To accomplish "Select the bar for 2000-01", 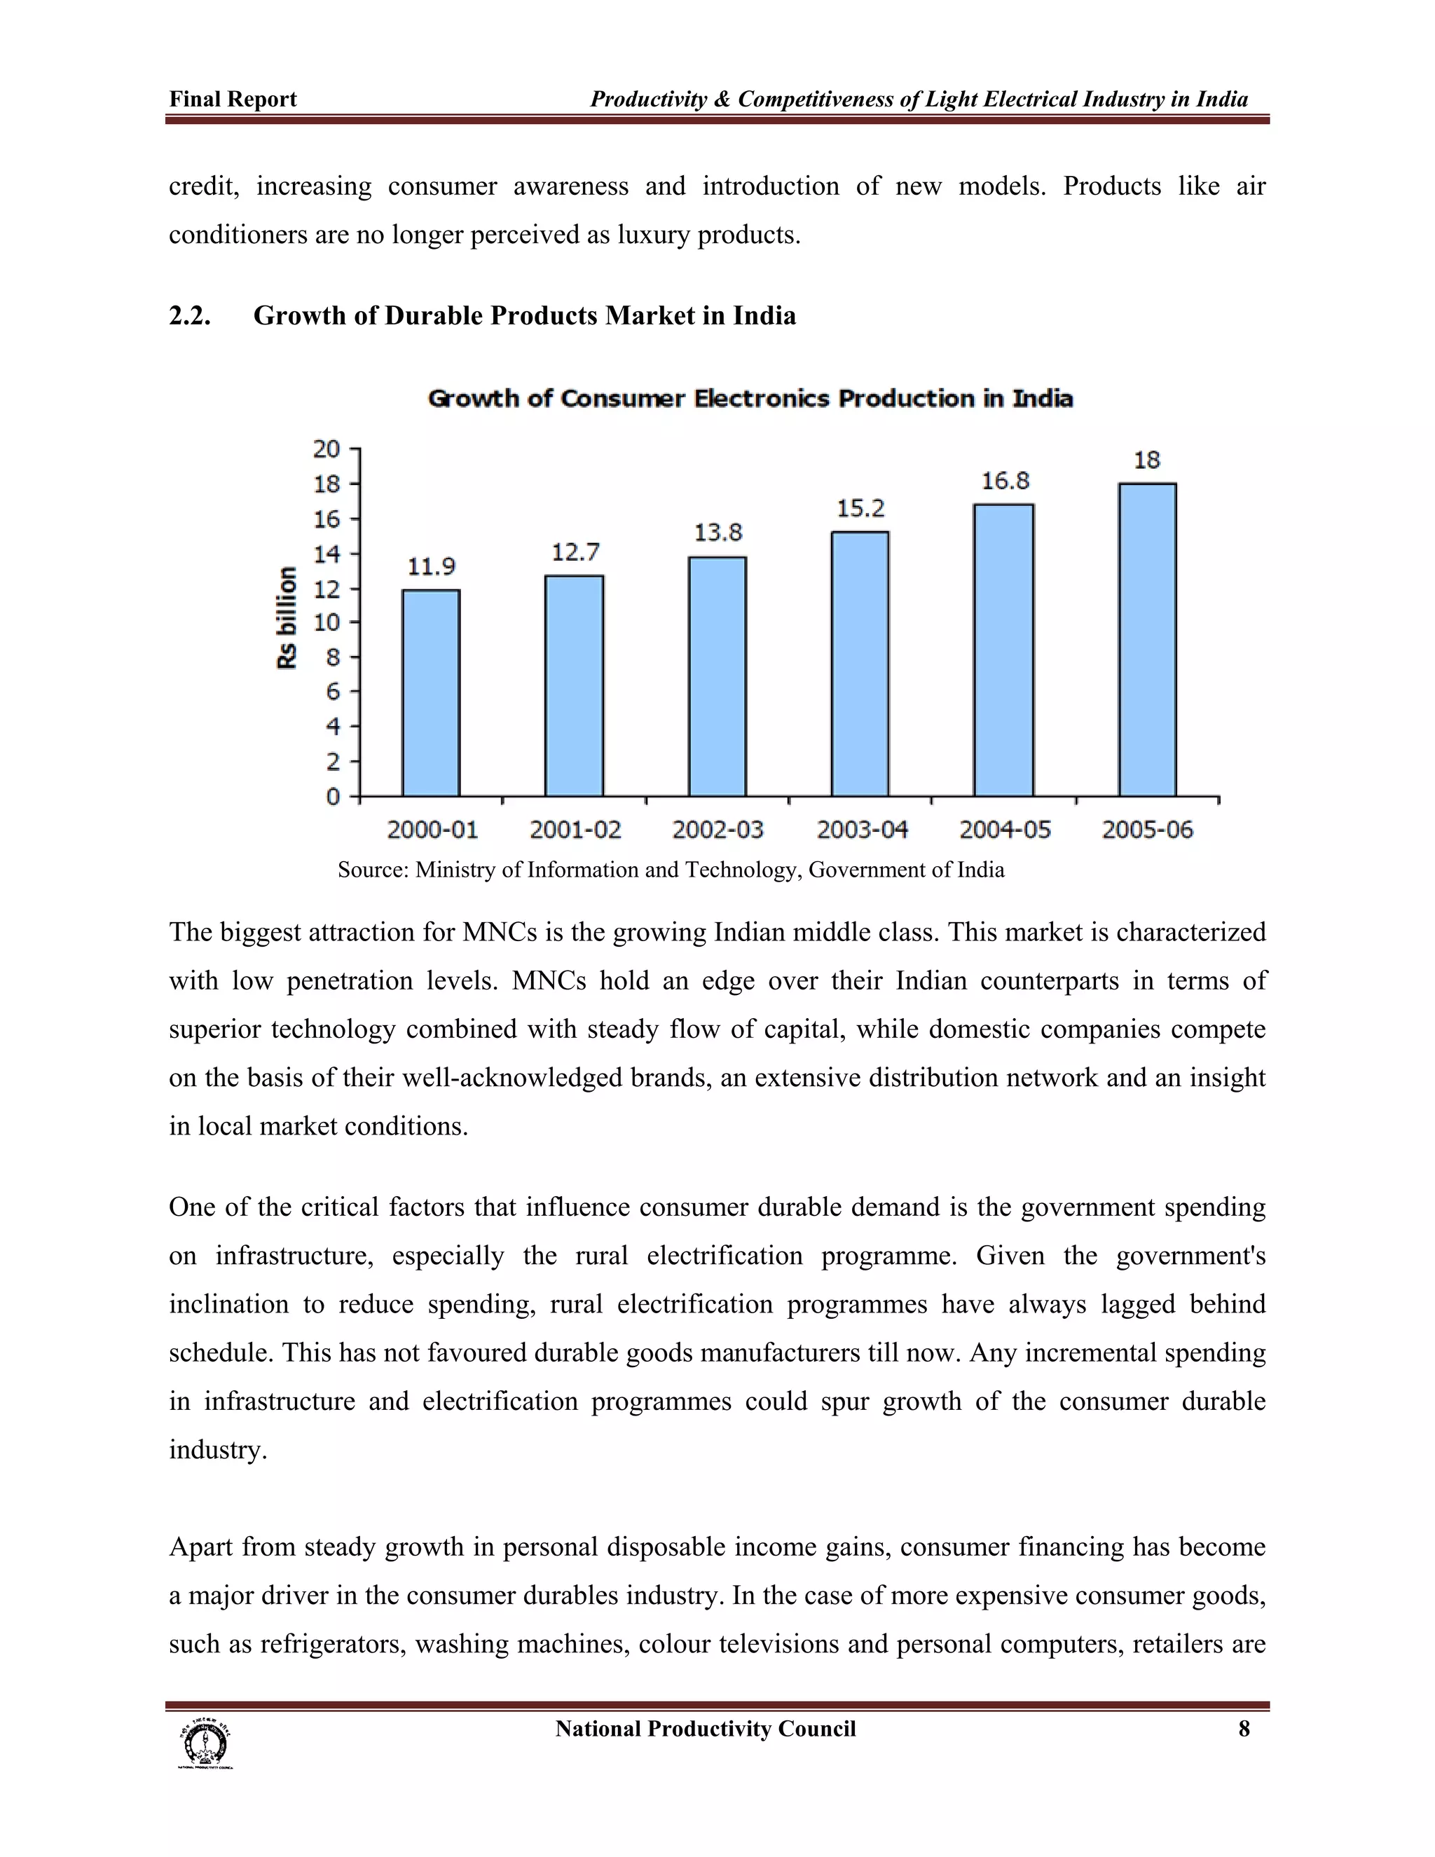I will pos(431,693).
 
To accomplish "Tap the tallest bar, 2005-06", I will pos(1147,639).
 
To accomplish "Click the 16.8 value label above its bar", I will pos(1005,481).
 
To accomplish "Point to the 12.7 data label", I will pos(575,553).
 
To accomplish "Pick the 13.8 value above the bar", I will pos(717,533).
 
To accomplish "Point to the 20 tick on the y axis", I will pos(326,449).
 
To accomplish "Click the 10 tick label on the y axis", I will pos(326,622).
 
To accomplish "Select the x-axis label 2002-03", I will pos(717,829).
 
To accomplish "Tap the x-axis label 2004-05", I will pos(1005,829).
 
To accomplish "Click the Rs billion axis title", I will pos(287,617).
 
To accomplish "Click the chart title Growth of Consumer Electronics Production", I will pos(750,399).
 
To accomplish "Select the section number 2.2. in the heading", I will pos(190,316).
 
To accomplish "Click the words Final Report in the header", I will pos(233,100).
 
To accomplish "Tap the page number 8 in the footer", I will pos(1244,1729).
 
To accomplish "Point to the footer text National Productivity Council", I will pos(705,1729).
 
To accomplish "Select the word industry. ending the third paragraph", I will pos(218,1450).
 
